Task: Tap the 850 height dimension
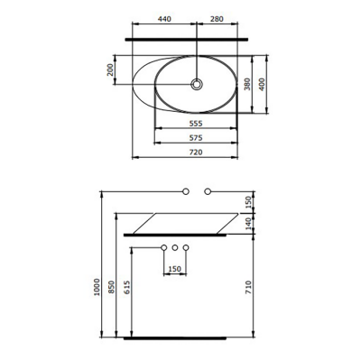coord(111,287)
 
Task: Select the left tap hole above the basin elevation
coord(186,191)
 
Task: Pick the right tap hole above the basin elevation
coord(208,191)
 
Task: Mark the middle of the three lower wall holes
coord(176,247)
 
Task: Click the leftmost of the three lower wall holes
coord(163,247)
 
